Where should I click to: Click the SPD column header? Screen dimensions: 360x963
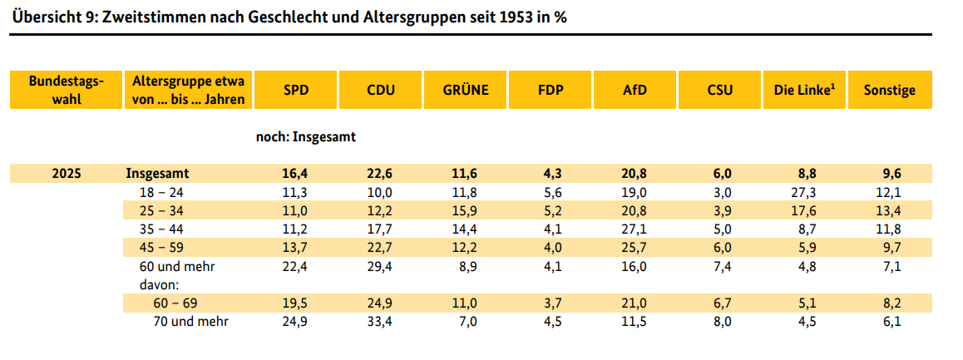[296, 90]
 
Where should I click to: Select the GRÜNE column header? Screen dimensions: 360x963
[465, 90]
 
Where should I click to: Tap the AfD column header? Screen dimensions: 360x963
[635, 90]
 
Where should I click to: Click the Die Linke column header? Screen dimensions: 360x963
[803, 90]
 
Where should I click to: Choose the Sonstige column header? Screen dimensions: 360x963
[889, 90]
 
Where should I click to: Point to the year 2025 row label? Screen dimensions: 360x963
[67, 174]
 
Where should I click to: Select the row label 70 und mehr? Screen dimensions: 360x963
[191, 321]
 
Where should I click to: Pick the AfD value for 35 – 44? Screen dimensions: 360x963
[635, 229]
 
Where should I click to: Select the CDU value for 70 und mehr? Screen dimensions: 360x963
[381, 321]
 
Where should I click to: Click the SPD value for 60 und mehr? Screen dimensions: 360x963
[296, 267]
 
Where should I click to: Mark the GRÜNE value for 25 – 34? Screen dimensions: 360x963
[465, 211]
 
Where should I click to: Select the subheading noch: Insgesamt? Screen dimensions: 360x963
[306, 137]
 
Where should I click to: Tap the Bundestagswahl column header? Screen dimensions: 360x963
[67, 90]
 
